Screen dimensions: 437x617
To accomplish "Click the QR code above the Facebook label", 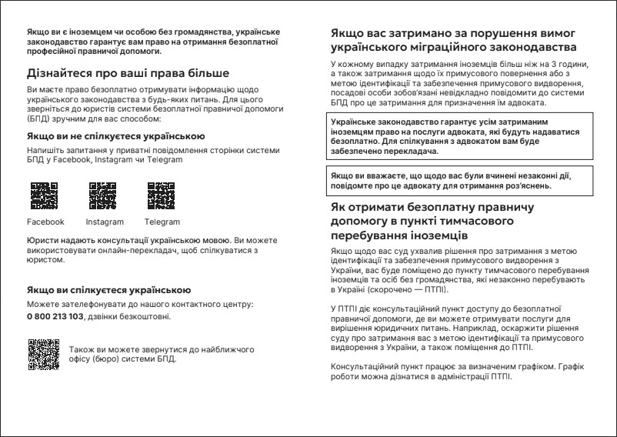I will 44,195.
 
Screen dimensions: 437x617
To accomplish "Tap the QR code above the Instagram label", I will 103,195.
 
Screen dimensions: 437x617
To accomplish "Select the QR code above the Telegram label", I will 160,195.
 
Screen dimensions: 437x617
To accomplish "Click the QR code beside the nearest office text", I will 43,354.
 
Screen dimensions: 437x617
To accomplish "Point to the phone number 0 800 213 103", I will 55,316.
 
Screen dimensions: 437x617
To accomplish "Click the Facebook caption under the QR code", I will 45,222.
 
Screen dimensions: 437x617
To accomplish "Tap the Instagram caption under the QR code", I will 105,222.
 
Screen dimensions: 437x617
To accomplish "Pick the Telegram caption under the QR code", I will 162,222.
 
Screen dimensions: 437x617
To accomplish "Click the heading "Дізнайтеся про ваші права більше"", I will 128,74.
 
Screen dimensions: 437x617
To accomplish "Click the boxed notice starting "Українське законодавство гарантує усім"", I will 459,137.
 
